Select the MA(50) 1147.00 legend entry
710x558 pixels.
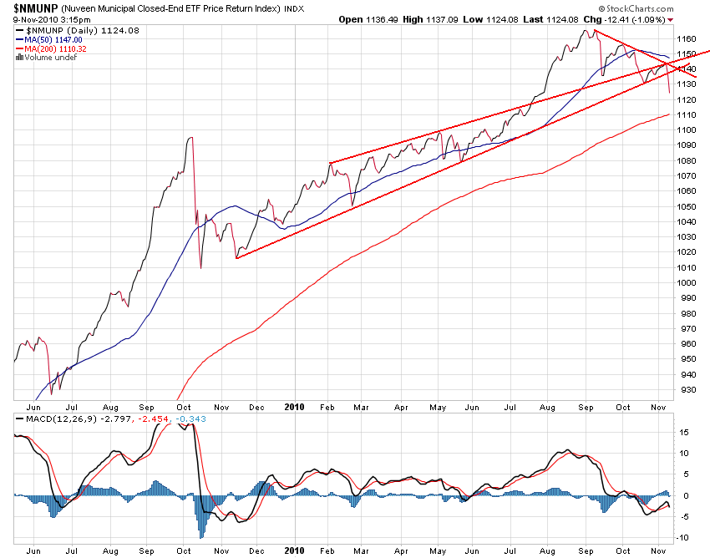(53, 39)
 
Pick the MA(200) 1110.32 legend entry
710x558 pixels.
(55, 48)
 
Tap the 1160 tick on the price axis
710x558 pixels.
(687, 38)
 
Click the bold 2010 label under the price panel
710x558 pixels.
(294, 407)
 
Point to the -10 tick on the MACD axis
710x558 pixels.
(683, 538)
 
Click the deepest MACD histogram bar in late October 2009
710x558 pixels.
(201, 536)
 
